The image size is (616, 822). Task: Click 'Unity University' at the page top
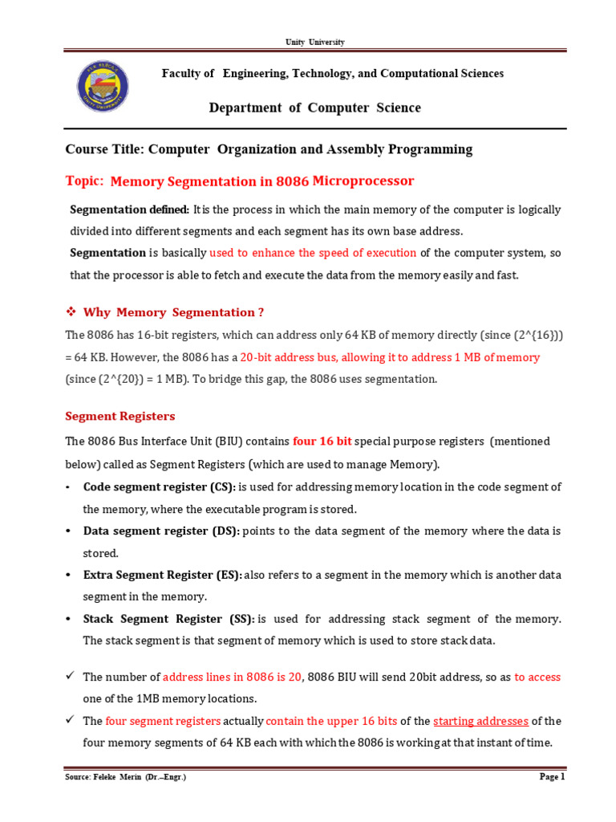pos(315,42)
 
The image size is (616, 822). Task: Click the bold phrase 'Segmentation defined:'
pos(130,210)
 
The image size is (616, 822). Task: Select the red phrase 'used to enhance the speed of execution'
pos(313,253)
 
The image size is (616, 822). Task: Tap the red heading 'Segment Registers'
pos(120,417)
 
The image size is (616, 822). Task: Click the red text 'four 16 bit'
pos(322,442)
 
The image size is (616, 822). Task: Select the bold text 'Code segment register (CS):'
pos(159,487)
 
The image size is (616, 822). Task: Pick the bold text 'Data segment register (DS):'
pos(160,531)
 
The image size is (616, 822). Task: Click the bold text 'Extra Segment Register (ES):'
pos(162,576)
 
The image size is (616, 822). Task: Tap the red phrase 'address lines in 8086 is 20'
pos(233,678)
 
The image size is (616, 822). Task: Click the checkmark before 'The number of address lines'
pos(70,677)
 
